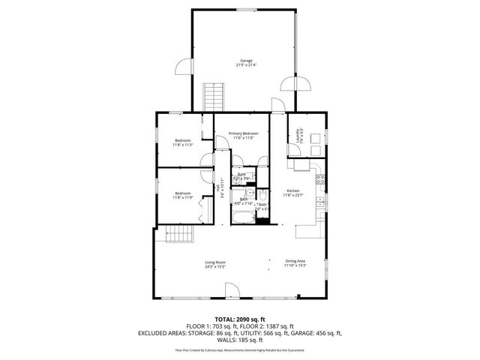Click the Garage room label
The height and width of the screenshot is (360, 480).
(x=245, y=62)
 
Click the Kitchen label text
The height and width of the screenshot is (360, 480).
(x=293, y=193)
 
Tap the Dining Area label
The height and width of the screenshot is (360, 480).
(x=295, y=264)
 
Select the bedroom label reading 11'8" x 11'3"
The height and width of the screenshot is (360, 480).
(x=183, y=143)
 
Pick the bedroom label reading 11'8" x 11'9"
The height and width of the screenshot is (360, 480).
(x=183, y=196)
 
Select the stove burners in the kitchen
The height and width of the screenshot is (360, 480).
(x=320, y=179)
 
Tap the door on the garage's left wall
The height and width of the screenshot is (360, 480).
(x=182, y=68)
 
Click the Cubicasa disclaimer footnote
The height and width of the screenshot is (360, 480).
(x=239, y=349)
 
